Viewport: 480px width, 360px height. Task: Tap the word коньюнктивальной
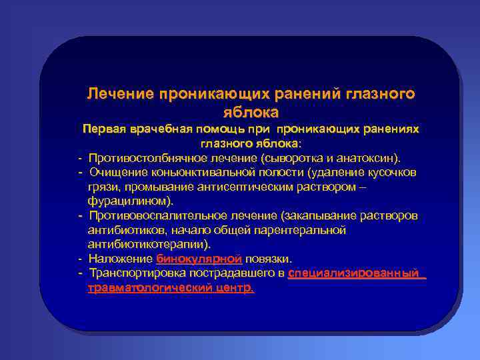click(196, 173)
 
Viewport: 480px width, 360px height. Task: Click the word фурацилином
click(128, 201)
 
